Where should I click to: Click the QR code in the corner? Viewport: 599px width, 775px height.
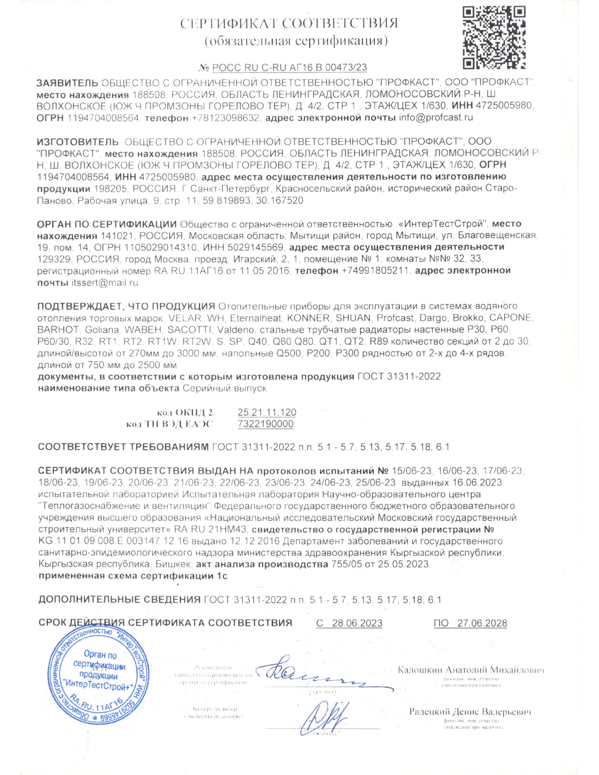click(x=494, y=37)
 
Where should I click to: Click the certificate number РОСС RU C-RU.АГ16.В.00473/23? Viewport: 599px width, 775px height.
click(x=290, y=68)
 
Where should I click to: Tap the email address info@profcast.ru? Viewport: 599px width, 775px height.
click(x=436, y=118)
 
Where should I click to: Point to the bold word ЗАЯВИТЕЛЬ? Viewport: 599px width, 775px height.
click(x=67, y=83)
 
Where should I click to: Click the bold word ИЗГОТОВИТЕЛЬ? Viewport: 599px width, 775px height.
click(x=78, y=142)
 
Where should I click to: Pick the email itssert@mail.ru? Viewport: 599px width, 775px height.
click(x=105, y=283)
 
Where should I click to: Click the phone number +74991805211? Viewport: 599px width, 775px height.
click(x=375, y=271)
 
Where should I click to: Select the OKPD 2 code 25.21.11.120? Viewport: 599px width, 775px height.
click(x=267, y=413)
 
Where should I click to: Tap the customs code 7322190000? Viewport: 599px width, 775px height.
click(x=266, y=424)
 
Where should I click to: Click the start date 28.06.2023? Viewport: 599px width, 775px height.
click(x=357, y=623)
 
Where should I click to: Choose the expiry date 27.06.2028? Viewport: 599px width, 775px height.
click(x=482, y=623)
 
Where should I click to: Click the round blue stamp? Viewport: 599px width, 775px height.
click(x=98, y=675)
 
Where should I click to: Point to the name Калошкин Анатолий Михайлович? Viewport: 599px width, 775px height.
click(x=471, y=670)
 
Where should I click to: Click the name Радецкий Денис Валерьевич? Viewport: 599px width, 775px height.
click(x=470, y=712)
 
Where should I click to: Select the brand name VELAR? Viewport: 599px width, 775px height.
click(x=185, y=318)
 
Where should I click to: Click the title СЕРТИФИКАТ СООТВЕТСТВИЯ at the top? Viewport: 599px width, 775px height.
click(x=289, y=23)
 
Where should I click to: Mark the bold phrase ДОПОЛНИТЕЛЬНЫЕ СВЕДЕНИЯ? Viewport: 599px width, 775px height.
click(x=119, y=600)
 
